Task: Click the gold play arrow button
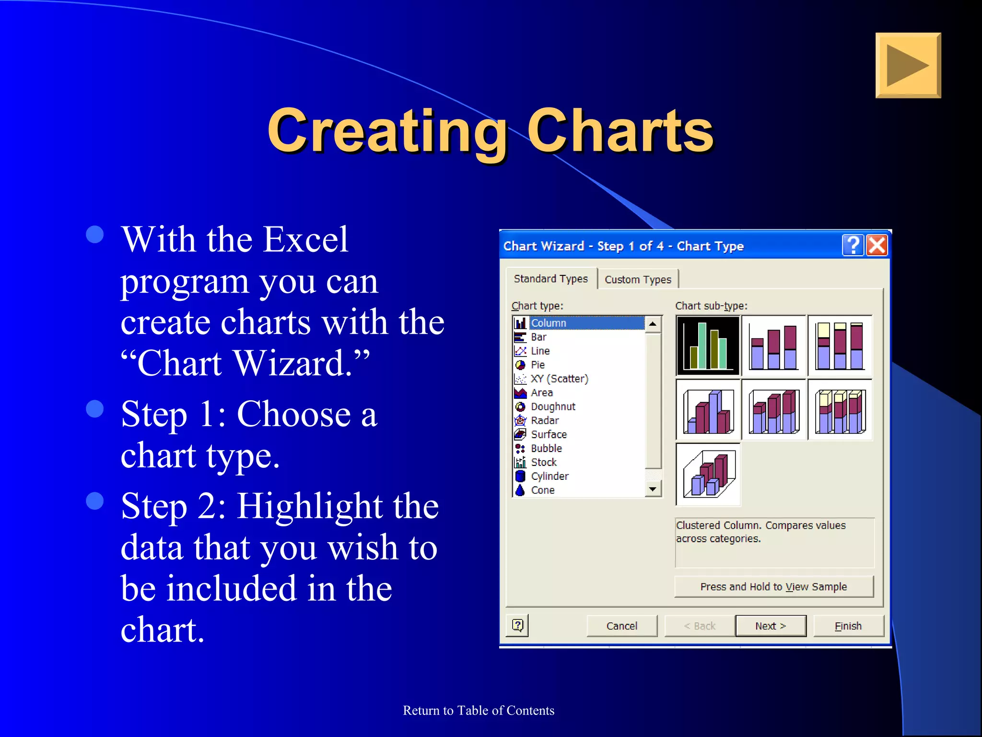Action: pyautogui.click(x=908, y=65)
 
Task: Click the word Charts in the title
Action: pyautogui.click(x=620, y=131)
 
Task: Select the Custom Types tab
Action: pyautogui.click(x=638, y=279)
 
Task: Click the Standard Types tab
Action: pyautogui.click(x=550, y=279)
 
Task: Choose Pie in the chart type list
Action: pyautogui.click(x=538, y=365)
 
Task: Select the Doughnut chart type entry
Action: pyautogui.click(x=552, y=406)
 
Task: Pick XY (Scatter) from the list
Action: pyautogui.click(x=559, y=379)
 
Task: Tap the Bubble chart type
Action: pyautogui.click(x=546, y=448)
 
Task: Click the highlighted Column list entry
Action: pyautogui.click(x=549, y=323)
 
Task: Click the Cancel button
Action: pyautogui.click(x=621, y=626)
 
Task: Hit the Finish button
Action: pyautogui.click(x=848, y=626)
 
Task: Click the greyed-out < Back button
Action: pyautogui.click(x=699, y=626)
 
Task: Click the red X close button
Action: pyautogui.click(x=877, y=246)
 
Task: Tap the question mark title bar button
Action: pyautogui.click(x=853, y=246)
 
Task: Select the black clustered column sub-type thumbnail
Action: pyautogui.click(x=708, y=345)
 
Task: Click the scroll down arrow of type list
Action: pyautogui.click(x=653, y=489)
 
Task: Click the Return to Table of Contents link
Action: pyautogui.click(x=479, y=710)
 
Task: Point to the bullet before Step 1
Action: pyautogui.click(x=95, y=409)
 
